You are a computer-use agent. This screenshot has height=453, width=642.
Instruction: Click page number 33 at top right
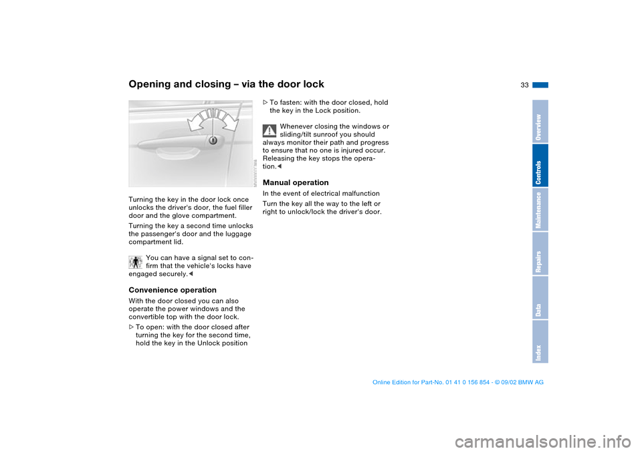[524, 85]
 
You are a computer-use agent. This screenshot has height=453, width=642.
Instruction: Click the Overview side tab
[540, 122]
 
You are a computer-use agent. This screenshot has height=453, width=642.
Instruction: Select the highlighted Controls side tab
[540, 166]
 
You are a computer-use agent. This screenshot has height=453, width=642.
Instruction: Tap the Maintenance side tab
[540, 210]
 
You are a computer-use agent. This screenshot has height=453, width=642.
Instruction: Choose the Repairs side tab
[540, 254]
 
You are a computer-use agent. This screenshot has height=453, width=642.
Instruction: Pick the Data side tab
[540, 298]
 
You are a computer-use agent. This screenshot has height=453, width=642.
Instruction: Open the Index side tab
[540, 342]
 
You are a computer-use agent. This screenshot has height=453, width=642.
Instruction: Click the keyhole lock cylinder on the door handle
[213, 141]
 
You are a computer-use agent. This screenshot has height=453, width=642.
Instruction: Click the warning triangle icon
[270, 130]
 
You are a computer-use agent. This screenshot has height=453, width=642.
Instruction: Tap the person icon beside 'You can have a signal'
[135, 261]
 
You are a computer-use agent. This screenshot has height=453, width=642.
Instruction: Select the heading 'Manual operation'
[296, 182]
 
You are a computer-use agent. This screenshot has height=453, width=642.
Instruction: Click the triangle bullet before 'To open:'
[130, 327]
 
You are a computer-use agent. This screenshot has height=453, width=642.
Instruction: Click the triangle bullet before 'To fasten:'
[265, 102]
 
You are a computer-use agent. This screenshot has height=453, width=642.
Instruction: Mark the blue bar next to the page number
[541, 85]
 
